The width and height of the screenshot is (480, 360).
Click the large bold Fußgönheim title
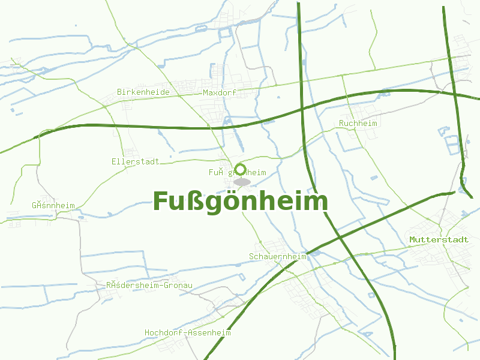point(240,202)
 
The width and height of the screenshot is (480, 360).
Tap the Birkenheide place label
point(143,92)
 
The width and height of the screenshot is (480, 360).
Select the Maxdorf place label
point(220,93)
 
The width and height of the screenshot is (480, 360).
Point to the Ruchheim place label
point(358,124)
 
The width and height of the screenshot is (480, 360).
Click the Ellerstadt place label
point(135,161)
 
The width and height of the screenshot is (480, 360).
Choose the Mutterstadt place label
point(439,239)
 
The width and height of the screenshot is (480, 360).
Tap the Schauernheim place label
point(278,256)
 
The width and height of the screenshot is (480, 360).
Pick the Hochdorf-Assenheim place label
point(187,332)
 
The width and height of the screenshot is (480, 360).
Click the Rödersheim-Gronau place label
point(149,285)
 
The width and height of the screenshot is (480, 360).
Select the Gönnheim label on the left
point(53,205)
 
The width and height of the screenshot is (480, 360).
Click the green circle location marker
point(241,170)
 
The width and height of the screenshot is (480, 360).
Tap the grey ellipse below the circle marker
point(242,181)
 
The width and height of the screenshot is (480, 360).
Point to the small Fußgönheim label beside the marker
point(237,173)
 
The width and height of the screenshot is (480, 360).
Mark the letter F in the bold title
point(160,202)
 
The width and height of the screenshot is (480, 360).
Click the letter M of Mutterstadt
point(413,239)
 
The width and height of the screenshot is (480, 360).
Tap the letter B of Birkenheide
point(120,92)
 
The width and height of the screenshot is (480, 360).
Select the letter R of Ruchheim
point(341,124)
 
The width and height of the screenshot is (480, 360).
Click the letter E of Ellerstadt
point(114,161)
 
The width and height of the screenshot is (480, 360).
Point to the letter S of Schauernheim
point(252,256)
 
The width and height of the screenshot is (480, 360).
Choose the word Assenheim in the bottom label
point(209,332)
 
